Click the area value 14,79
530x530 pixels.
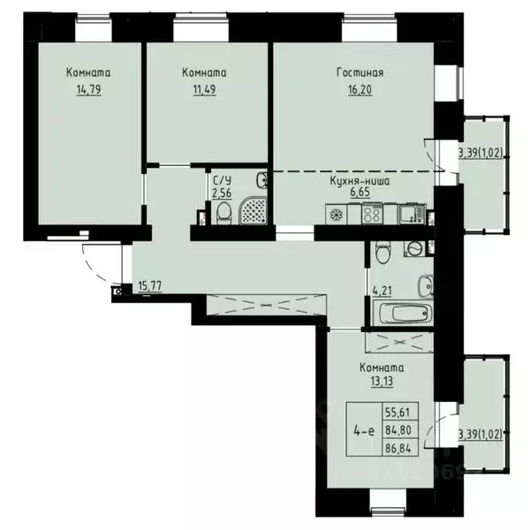(x=87, y=89)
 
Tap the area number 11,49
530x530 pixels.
(x=203, y=89)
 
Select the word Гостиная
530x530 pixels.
(x=360, y=72)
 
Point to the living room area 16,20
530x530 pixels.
(x=360, y=89)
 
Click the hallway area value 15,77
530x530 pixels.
(x=151, y=285)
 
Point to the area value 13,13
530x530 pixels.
(x=382, y=383)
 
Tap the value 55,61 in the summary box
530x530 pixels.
(x=400, y=413)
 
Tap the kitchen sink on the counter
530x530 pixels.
(x=408, y=213)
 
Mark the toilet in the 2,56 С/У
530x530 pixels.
(x=223, y=212)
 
